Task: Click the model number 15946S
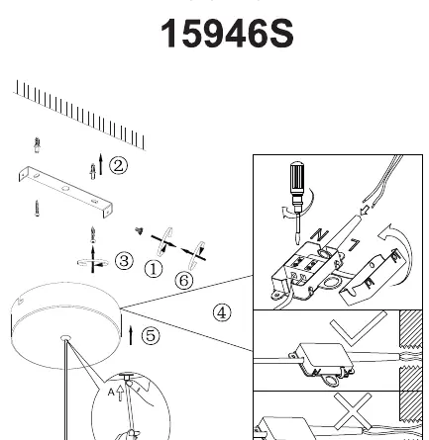[227, 34]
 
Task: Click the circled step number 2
[118, 165]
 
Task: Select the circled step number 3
[124, 261]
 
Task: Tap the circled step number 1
[154, 269]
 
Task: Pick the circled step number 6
[184, 281]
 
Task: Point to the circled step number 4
[222, 312]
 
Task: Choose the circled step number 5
[151, 336]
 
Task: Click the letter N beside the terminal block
[319, 234]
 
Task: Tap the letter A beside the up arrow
[111, 393]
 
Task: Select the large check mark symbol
[358, 328]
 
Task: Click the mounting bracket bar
[65, 192]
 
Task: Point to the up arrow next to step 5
[131, 335]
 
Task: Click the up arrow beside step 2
[101, 164]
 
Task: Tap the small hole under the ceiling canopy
[66, 337]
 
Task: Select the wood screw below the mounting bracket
[37, 208]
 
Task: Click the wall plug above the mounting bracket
[37, 145]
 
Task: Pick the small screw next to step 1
[139, 231]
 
